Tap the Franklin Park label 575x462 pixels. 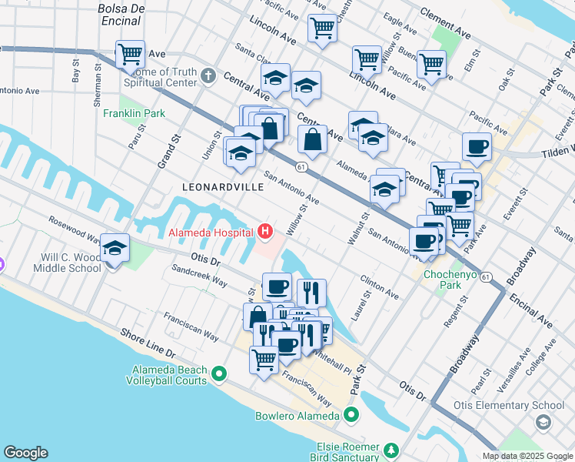(x=135, y=113)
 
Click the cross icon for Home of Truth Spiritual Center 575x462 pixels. (x=208, y=75)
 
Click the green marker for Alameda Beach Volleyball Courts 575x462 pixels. (x=219, y=375)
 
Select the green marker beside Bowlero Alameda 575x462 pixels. (x=352, y=416)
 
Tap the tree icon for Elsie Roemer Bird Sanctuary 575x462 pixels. (x=391, y=449)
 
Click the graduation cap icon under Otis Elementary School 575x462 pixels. (x=543, y=421)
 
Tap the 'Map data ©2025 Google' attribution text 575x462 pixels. (x=527, y=456)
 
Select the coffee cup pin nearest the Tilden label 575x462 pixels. (x=477, y=146)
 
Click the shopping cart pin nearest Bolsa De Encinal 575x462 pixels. (x=131, y=54)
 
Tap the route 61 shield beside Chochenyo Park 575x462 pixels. (x=485, y=276)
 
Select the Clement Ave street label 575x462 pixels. (x=446, y=23)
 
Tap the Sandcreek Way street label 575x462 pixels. (x=198, y=276)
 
